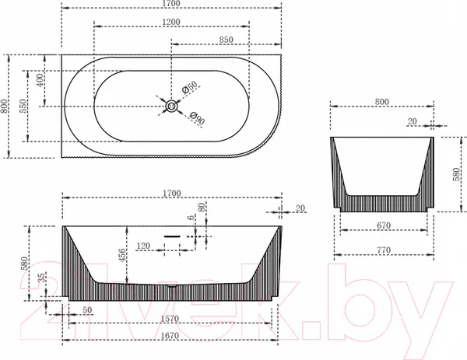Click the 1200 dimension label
tap(171, 22)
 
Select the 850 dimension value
tap(226, 40)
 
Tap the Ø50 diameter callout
tap(189, 87)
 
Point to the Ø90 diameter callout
tap(197, 118)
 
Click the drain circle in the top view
tap(171, 107)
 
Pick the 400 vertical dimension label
tap(40, 80)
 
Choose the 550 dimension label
tap(23, 106)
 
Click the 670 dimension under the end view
tap(384, 225)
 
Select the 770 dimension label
tap(384, 250)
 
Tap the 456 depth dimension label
tap(122, 255)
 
